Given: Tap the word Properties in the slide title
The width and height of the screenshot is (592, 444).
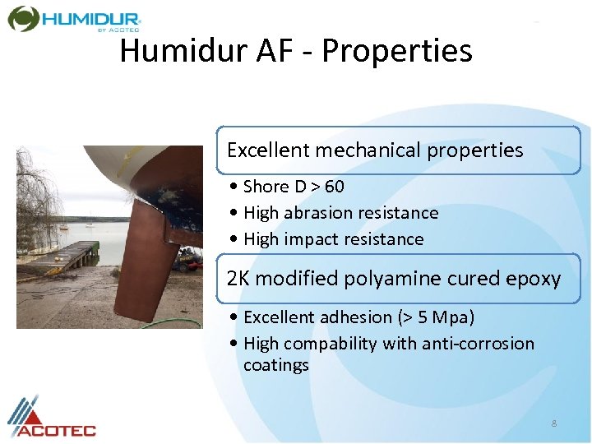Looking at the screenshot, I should pyautogui.click(x=397, y=51).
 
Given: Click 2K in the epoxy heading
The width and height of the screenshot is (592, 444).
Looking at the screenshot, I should pyautogui.click(x=238, y=279).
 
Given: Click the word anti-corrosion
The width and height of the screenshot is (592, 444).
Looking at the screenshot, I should pyautogui.click(x=476, y=344).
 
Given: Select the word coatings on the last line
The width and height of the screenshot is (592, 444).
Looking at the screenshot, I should pyautogui.click(x=276, y=365).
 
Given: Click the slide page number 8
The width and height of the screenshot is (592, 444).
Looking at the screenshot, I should pyautogui.click(x=554, y=423).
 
